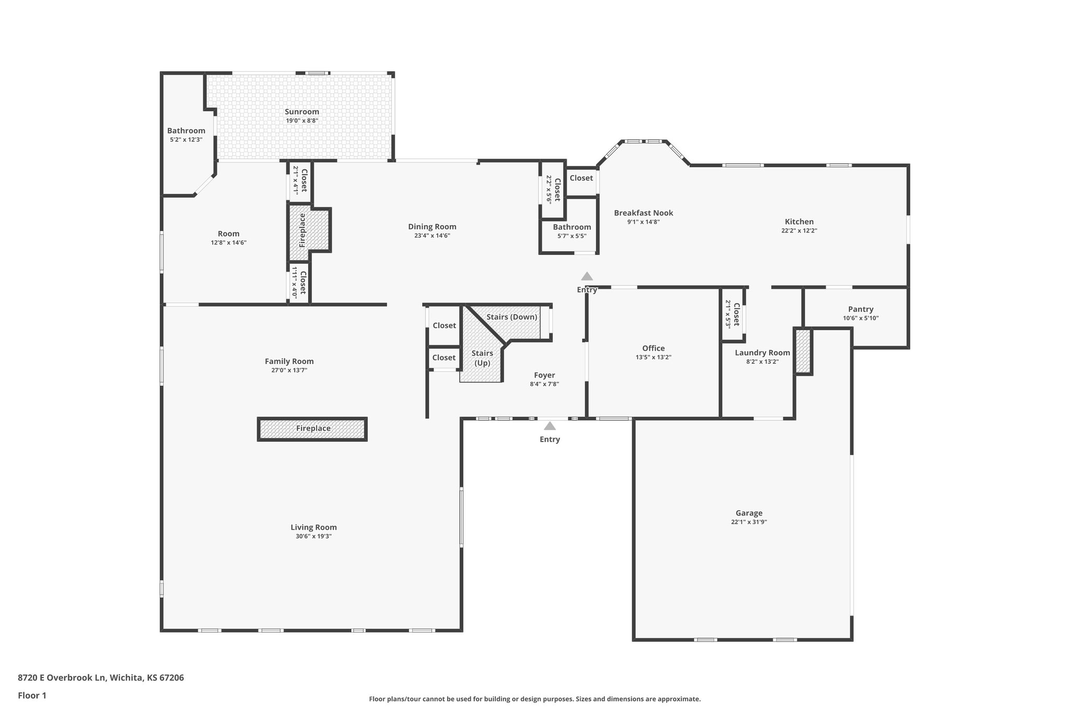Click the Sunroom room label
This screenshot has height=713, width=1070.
[x=301, y=112]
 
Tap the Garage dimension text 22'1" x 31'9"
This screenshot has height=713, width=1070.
[x=749, y=522]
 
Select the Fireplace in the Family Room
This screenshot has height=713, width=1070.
[x=312, y=429]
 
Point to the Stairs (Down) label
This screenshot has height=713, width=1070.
[x=511, y=317]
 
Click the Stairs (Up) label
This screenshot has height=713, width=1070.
[x=482, y=358]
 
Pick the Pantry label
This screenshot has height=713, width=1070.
[x=860, y=309]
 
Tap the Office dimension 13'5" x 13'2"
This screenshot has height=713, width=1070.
[x=653, y=357]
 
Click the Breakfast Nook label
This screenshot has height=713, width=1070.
[x=643, y=213]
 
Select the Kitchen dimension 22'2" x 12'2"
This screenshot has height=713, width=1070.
[x=799, y=230]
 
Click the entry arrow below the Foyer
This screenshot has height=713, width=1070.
[x=550, y=426]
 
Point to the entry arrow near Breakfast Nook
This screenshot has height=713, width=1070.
[x=587, y=276]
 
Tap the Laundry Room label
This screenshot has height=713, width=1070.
[x=762, y=353]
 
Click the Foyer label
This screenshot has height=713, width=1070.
[x=544, y=375]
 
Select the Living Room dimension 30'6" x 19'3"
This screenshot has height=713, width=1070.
[x=313, y=536]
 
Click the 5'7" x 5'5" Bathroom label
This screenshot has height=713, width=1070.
[x=572, y=227]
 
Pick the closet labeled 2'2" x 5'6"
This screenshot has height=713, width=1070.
[x=553, y=189]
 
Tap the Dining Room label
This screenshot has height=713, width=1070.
[x=432, y=227]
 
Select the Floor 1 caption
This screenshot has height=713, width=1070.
[x=32, y=695]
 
